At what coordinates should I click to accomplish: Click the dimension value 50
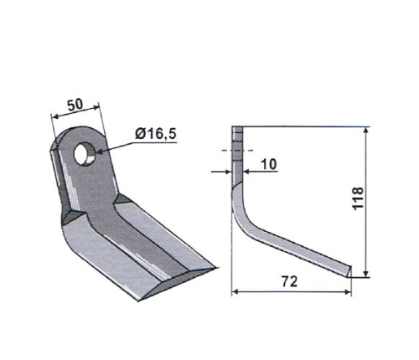[75, 105]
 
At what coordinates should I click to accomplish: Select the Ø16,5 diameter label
[155, 134]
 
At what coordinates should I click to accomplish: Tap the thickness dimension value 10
[269, 164]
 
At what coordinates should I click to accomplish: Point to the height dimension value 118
[358, 198]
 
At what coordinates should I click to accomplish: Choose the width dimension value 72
[289, 281]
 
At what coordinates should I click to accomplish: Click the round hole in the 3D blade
[85, 153]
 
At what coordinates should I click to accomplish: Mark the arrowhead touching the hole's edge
[100, 152]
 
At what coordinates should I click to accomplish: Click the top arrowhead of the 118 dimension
[366, 131]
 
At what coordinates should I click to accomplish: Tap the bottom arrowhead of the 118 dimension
[366, 274]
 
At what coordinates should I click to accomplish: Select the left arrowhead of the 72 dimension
[235, 291]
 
